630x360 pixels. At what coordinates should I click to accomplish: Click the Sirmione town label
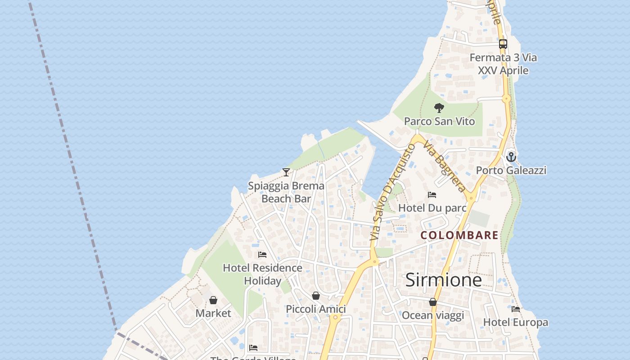[443, 280]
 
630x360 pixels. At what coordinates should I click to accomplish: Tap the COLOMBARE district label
[459, 235]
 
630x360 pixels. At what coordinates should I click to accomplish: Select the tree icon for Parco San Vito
[439, 108]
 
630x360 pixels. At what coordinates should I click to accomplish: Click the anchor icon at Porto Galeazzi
[511, 157]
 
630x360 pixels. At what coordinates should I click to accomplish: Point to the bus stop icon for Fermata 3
[503, 44]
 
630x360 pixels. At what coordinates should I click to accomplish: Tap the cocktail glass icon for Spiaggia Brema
[286, 172]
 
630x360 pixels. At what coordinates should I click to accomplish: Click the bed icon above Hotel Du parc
[432, 195]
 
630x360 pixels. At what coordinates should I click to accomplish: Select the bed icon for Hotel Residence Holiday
[262, 255]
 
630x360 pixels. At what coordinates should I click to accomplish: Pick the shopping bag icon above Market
[213, 300]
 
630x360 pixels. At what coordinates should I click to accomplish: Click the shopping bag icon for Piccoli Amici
[316, 296]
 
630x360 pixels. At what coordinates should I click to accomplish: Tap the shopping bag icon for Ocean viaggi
[432, 302]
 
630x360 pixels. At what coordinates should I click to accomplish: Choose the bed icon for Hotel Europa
[516, 309]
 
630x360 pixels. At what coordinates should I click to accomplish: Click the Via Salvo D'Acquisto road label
[392, 193]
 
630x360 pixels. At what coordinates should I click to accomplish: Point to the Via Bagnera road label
[445, 167]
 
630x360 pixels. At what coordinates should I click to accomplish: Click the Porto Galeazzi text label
[511, 170]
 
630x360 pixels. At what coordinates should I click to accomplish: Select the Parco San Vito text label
[439, 121]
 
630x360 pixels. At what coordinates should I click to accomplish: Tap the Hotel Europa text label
[516, 322]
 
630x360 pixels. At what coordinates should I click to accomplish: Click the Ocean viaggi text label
[432, 315]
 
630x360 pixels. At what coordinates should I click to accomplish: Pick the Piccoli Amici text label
[316, 309]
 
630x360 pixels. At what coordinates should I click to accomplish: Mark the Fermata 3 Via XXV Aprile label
[503, 64]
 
